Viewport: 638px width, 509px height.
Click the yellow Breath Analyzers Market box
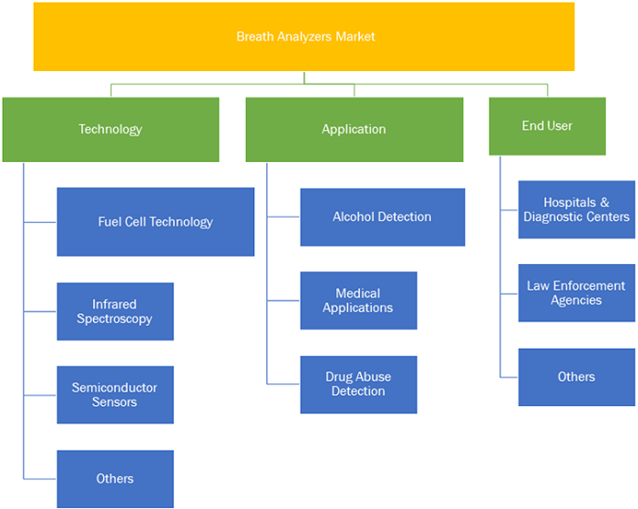coord(304,36)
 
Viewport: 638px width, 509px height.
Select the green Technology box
coord(110,129)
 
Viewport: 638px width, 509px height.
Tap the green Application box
coord(355,129)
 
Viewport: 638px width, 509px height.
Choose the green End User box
coord(547,126)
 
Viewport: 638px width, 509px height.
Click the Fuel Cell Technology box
coord(156,222)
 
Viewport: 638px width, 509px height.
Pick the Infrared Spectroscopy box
coord(115,311)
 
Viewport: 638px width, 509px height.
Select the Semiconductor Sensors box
coord(115,395)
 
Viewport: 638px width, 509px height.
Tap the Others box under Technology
coord(115,479)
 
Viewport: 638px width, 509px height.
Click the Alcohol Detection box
coord(383,217)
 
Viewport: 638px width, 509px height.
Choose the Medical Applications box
coord(358,300)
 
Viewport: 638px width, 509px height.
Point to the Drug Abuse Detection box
coord(358,384)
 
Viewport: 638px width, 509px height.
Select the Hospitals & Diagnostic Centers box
coord(577,209)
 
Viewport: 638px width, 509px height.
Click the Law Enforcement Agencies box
coord(577,292)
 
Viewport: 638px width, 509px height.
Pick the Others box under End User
coord(577,377)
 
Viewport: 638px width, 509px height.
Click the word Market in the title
coord(355,36)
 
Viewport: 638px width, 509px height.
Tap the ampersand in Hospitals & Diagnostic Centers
coord(604,202)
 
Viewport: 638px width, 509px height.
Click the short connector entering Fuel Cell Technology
coord(40,222)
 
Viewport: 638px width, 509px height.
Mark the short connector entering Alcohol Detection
coord(283,217)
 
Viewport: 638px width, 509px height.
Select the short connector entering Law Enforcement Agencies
coord(509,293)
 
